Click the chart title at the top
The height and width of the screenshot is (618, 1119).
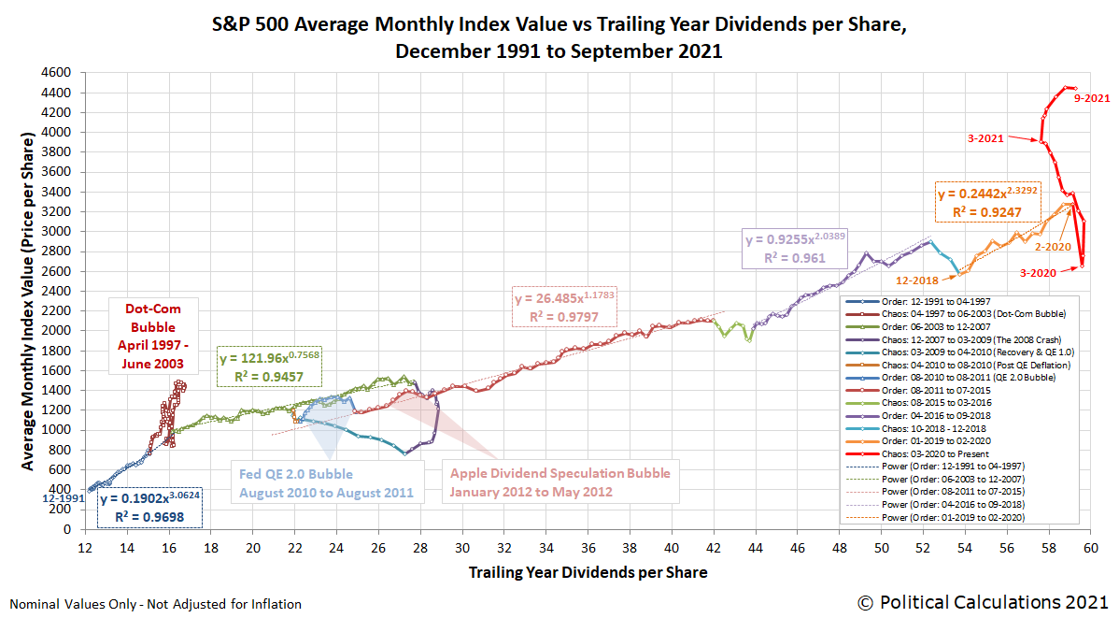(559, 36)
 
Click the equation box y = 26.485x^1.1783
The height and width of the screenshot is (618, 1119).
(563, 308)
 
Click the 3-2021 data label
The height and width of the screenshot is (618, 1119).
(985, 138)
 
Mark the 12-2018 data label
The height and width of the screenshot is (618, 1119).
(917, 280)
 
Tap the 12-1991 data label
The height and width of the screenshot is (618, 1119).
(61, 498)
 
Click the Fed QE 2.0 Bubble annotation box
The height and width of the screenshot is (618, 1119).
(326, 483)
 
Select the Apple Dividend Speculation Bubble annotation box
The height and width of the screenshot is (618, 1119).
(559, 482)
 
